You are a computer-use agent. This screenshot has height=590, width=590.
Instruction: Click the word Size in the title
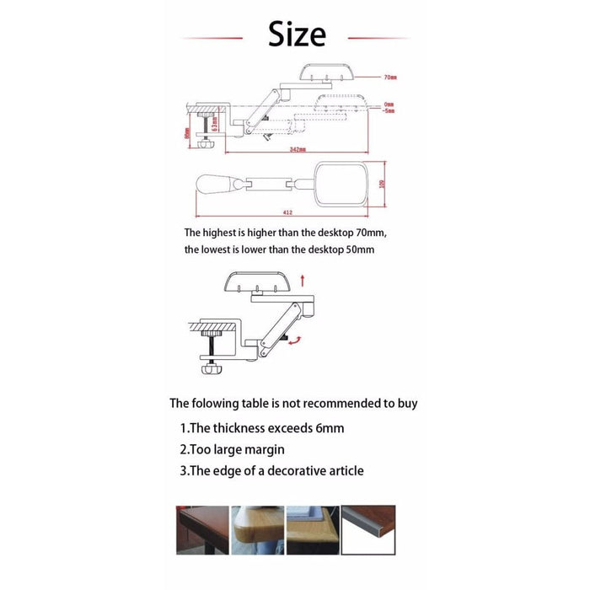coord(296,35)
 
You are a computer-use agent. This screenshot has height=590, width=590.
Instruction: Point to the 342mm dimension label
coord(293,149)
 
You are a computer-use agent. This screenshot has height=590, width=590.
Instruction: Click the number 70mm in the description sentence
coord(369,232)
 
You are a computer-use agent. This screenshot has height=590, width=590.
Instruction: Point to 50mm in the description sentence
coord(357,249)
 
